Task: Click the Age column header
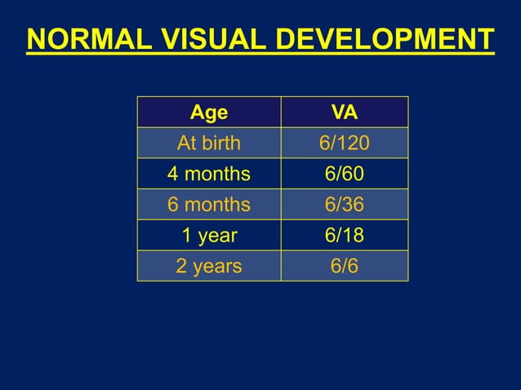[209, 112]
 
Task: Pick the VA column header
[344, 112]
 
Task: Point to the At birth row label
[209, 144]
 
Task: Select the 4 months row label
[209, 174]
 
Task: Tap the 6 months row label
[209, 205]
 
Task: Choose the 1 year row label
[209, 236]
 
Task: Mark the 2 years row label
[209, 266]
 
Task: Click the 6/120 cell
[344, 144]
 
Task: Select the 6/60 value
[344, 174]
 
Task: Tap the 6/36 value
[344, 205]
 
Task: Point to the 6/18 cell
[344, 236]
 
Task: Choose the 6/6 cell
[344, 266]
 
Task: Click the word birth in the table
[220, 144]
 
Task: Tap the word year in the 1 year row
[217, 236]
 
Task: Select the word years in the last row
[218, 266]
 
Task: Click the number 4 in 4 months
[173, 174]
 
